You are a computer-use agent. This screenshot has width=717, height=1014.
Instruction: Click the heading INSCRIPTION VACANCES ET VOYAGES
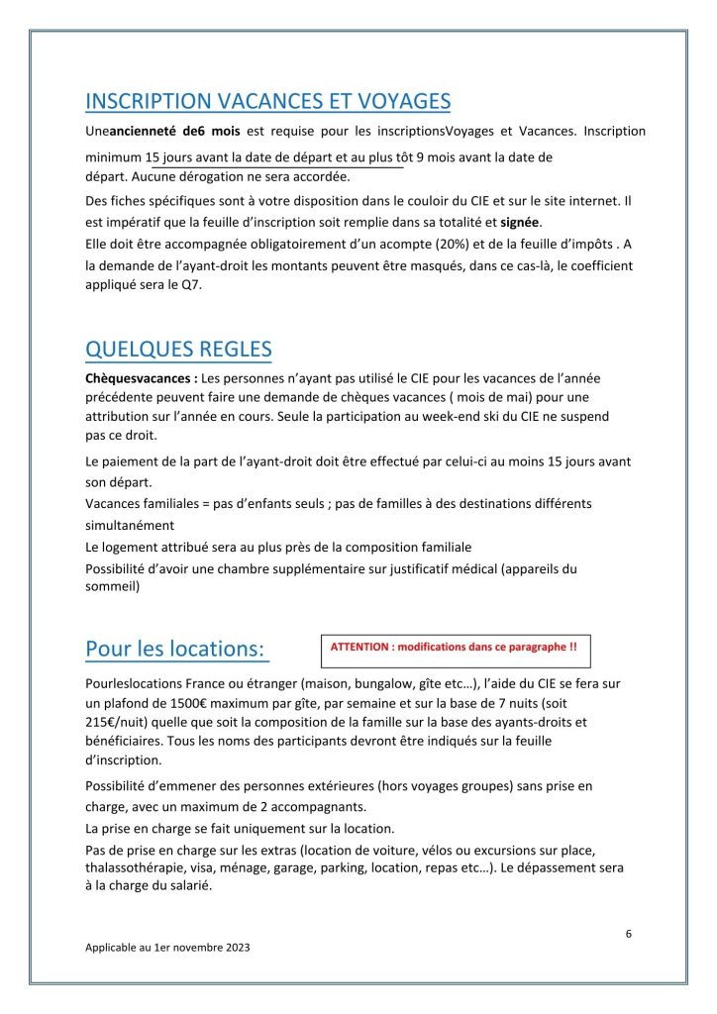click(x=268, y=101)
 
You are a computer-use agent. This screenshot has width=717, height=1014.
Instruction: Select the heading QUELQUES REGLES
click(x=178, y=350)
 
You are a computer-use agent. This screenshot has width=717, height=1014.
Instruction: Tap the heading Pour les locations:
click(x=176, y=649)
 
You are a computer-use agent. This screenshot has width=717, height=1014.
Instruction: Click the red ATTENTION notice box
click(x=455, y=647)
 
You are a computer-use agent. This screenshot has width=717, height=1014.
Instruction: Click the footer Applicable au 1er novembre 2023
click(x=167, y=947)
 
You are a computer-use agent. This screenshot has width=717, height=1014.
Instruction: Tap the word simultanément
click(x=130, y=525)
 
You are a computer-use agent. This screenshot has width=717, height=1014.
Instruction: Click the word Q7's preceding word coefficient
click(x=596, y=265)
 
